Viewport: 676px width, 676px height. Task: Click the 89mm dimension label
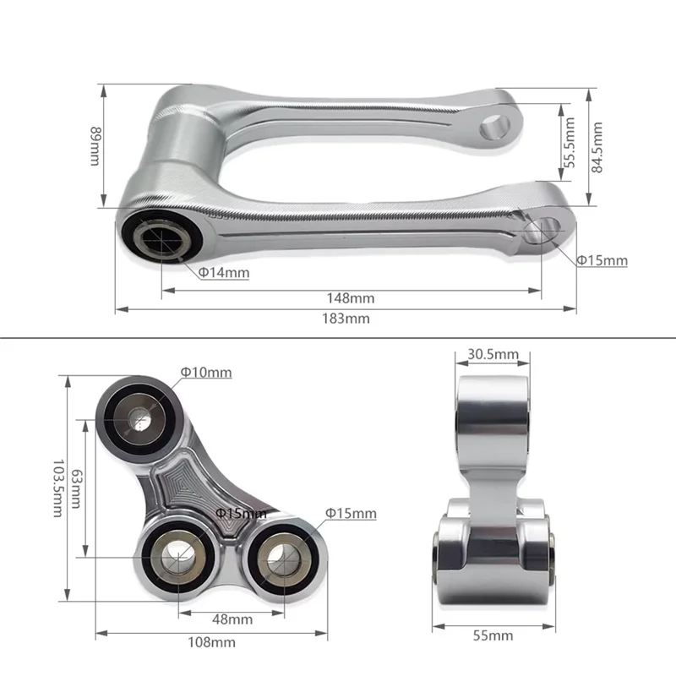95,146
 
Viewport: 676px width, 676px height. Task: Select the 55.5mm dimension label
570,142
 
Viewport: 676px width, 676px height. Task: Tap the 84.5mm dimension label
597,147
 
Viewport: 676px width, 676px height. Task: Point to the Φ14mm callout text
224,273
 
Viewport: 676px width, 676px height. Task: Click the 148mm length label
351,298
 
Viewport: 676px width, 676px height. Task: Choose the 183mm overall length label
346,319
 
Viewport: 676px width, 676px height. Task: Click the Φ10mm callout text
206,373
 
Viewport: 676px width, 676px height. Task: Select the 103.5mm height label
58,488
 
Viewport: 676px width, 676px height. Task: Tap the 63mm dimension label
76,489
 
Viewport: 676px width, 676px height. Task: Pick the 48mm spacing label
232,619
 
